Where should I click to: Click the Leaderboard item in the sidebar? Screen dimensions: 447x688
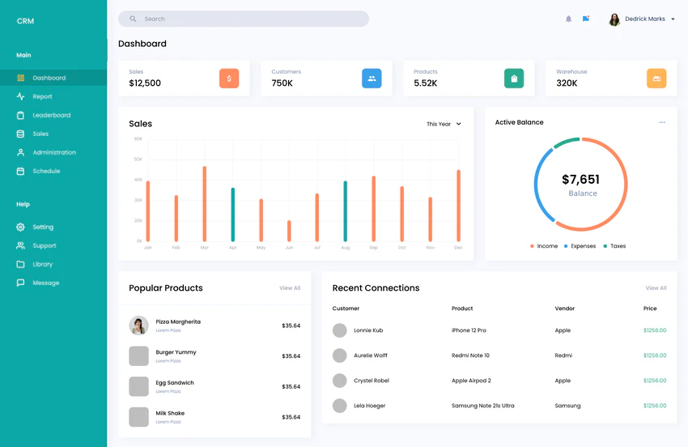[51, 115]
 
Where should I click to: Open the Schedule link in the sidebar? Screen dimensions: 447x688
[46, 171]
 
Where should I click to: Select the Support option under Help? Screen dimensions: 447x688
[44, 245]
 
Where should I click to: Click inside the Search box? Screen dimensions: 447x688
[243, 19]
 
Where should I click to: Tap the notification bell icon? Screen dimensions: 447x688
[568, 19]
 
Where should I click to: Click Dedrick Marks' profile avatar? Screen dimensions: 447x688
[614, 19]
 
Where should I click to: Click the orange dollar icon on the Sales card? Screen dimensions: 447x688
[229, 79]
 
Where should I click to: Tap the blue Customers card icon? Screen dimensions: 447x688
[372, 79]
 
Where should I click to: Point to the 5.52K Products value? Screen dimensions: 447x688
[425, 83]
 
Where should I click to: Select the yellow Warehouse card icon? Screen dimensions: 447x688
[656, 79]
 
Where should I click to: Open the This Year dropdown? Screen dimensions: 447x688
[444, 124]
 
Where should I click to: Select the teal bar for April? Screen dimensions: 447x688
[233, 215]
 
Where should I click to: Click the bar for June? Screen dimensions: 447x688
[289, 231]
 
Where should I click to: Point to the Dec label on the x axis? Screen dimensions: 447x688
[458, 248]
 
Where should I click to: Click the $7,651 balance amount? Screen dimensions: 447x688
[580, 180]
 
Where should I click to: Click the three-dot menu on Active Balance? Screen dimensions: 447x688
[662, 122]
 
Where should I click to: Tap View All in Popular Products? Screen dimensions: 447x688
[290, 288]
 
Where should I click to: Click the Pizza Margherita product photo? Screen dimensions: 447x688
[138, 326]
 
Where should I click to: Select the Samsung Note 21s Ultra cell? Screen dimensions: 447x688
[482, 406]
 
